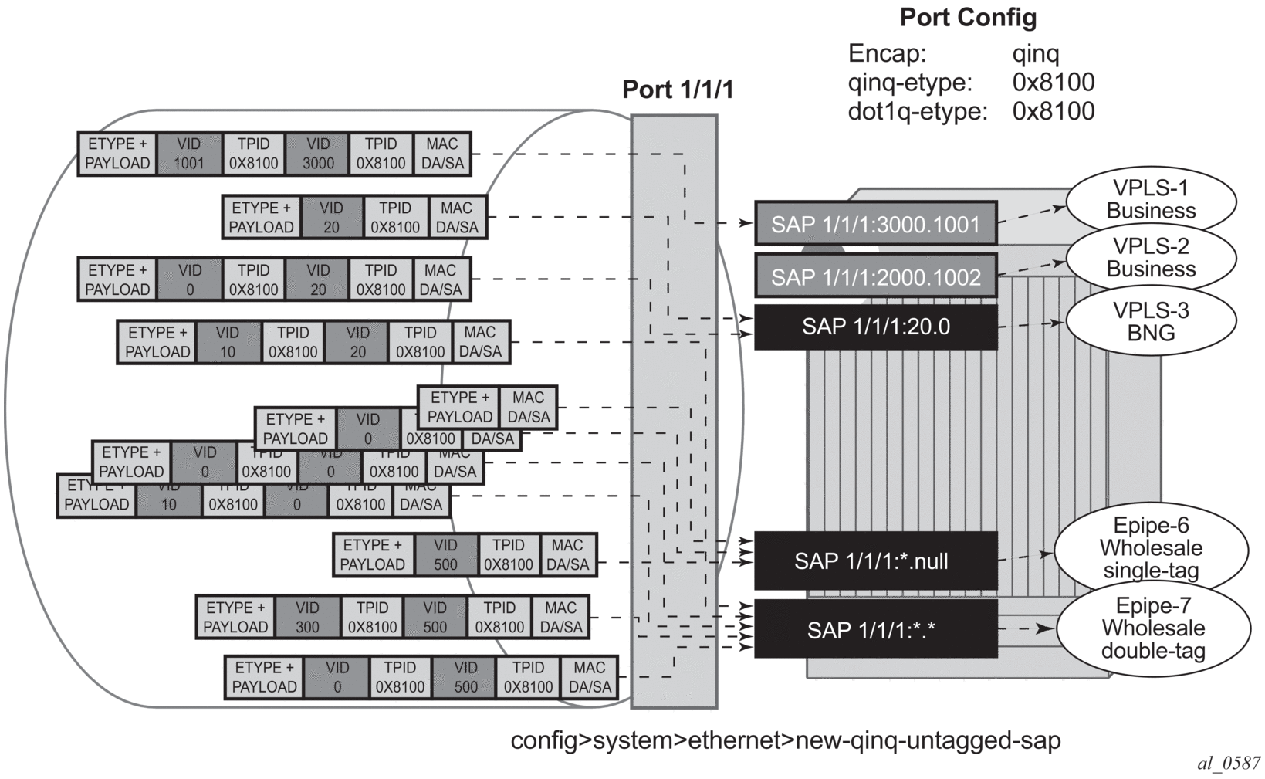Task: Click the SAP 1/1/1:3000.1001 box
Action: click(x=875, y=224)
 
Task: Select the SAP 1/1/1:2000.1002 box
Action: click(x=875, y=276)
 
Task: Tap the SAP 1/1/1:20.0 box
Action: click(x=875, y=327)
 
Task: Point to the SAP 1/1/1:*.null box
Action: click(x=875, y=561)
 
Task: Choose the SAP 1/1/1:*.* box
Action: click(x=875, y=629)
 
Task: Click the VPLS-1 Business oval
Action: click(x=1151, y=200)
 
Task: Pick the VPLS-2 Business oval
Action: click(x=1151, y=258)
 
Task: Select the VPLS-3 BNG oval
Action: click(x=1151, y=322)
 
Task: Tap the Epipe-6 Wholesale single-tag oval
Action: click(x=1151, y=549)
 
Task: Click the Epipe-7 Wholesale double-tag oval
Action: click(x=1153, y=628)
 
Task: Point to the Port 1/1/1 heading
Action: click(x=678, y=90)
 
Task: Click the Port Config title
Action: click(x=968, y=18)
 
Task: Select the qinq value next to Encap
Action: click(x=1035, y=54)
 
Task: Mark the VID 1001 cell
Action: click(x=189, y=154)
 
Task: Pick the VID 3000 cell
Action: click(x=318, y=154)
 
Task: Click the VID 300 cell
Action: click(x=307, y=617)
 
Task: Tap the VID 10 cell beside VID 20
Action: click(x=228, y=342)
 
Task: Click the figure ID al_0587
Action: click(x=1229, y=763)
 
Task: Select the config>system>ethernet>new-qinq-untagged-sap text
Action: click(x=785, y=740)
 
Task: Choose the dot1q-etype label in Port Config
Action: click(x=917, y=111)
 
